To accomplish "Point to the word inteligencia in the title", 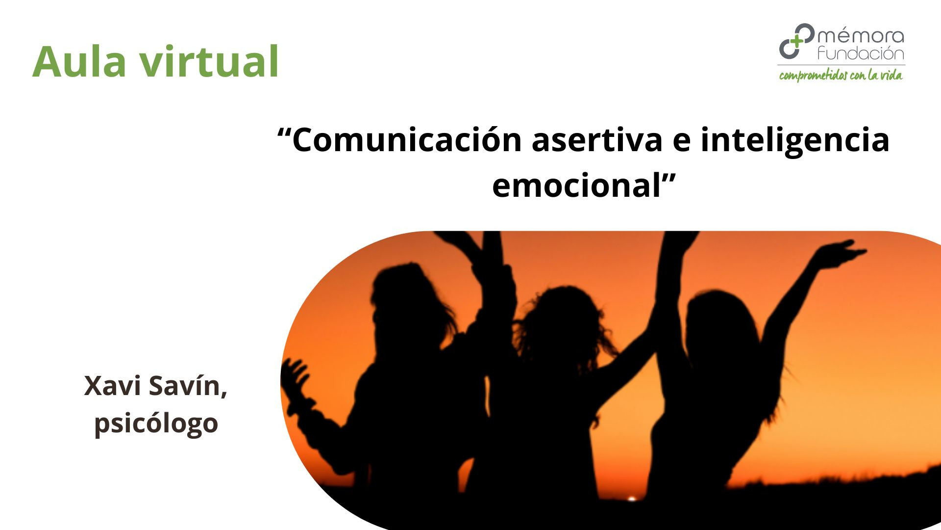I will pyautogui.click(x=794, y=140).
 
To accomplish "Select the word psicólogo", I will pyautogui.click(x=156, y=424).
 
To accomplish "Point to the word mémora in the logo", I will pyautogui.click(x=861, y=36).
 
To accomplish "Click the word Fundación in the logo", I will pyautogui.click(x=861, y=53).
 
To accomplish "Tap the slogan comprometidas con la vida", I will pyautogui.click(x=841, y=76).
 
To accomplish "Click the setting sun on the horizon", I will pyautogui.click(x=632, y=499).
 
